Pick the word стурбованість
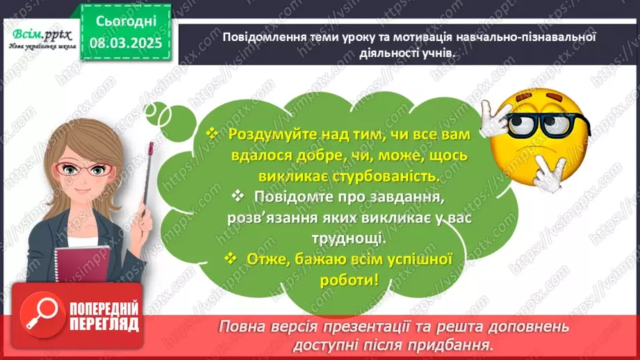(388, 177)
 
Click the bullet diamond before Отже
(232, 259)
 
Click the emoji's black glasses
(549, 124)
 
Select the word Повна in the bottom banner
(240, 326)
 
